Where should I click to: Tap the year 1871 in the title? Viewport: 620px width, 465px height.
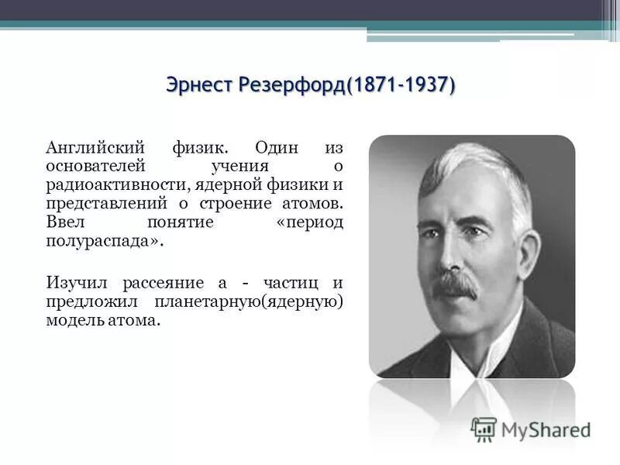pos(374,84)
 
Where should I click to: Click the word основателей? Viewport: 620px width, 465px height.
pos(93,166)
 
